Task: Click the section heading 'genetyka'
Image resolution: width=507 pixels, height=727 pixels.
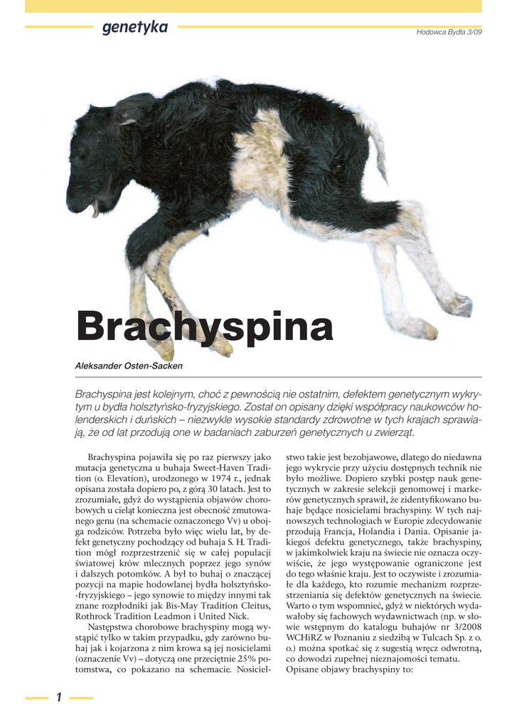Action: point(134,28)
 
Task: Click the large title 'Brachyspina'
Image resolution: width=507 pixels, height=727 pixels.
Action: point(204,327)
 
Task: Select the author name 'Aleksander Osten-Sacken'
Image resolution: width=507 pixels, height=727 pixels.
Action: point(129,366)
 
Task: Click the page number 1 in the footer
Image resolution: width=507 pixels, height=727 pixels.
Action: point(59,697)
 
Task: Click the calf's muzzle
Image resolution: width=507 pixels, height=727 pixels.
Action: point(80,202)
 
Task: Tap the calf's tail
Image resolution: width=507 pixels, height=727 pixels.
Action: point(374,142)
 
